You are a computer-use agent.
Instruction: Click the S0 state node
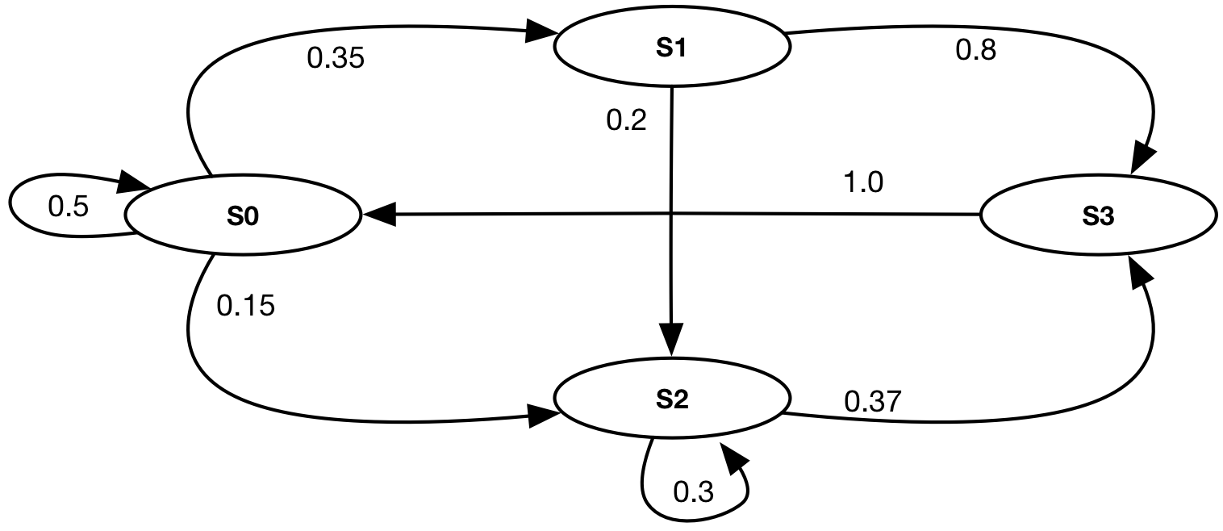click(242, 216)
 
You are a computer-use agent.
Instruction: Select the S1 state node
click(671, 47)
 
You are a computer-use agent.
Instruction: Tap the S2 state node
click(671, 399)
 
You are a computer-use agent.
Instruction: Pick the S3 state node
click(1098, 216)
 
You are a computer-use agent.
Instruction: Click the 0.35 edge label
click(336, 58)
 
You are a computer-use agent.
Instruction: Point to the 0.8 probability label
click(975, 51)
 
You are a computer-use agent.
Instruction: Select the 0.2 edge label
click(626, 121)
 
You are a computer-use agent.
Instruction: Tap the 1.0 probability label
click(862, 183)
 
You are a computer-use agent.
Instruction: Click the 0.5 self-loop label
click(68, 207)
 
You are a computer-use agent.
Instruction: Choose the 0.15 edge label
click(246, 306)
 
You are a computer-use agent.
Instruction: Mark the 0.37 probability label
click(873, 401)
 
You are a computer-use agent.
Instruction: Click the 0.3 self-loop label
click(693, 491)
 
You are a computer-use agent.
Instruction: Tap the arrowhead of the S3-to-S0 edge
click(379, 215)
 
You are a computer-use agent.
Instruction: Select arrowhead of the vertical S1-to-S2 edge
click(671, 337)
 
